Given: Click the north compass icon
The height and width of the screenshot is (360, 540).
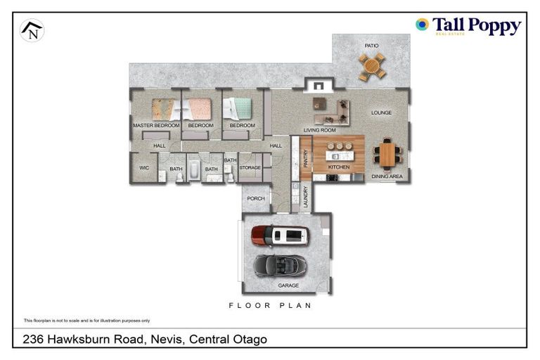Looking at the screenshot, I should point(32,30).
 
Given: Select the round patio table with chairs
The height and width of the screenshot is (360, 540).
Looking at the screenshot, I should point(372,66).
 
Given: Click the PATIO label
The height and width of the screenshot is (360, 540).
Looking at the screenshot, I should point(371,46).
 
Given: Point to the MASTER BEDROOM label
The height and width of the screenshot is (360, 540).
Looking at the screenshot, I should point(156,125).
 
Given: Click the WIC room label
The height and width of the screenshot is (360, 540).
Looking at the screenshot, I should point(144,168).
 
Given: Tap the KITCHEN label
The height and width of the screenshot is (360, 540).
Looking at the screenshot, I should point(338,167).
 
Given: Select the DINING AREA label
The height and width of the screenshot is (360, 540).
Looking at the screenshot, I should point(387,176).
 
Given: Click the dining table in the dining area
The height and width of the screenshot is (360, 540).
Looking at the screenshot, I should point(387,153).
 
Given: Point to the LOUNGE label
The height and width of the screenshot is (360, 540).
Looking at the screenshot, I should point(381,112).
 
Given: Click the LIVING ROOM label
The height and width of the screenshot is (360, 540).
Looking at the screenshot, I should point(319,131).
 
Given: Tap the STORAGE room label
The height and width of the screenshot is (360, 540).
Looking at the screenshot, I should point(250,168).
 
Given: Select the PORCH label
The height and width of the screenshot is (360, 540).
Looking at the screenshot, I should point(256,198).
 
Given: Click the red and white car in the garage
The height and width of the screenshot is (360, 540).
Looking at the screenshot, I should point(280,236).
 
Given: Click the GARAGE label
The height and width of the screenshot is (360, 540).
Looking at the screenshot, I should point(288,285).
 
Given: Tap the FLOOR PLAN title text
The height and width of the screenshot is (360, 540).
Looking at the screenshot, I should point(271,306).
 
